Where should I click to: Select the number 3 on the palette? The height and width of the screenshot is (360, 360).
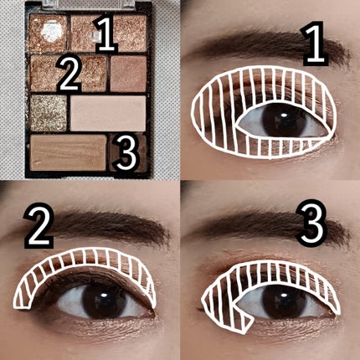126,152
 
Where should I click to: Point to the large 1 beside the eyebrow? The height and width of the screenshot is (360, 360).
315,44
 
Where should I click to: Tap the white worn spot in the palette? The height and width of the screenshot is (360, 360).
52,32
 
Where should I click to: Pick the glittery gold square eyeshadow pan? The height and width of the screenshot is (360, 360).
49,113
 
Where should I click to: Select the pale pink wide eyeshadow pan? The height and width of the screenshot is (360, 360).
108,113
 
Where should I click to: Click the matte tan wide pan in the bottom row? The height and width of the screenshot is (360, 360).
68,152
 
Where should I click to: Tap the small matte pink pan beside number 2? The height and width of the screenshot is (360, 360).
128,74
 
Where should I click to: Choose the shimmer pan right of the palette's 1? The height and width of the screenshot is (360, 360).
131,33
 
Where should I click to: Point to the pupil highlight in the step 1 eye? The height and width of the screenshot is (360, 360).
284,116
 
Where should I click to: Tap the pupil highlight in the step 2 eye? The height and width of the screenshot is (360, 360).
105,295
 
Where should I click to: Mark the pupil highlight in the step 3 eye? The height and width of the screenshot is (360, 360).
284,295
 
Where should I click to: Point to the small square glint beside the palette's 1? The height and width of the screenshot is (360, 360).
96,35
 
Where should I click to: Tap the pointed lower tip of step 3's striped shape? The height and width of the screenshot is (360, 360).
244,332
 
